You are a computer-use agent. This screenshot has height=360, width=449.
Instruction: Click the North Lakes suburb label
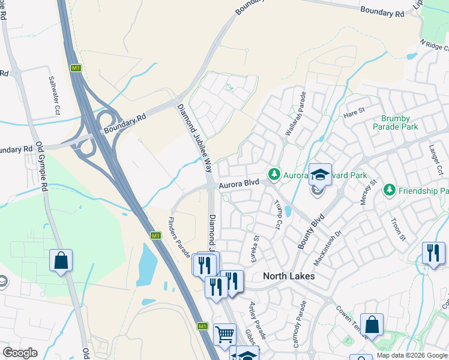[289, 277]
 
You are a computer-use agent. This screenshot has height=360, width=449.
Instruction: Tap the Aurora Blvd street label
[238, 185]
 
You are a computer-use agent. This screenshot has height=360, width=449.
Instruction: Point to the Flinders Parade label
[179, 236]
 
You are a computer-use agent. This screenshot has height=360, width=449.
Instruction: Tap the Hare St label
[354, 110]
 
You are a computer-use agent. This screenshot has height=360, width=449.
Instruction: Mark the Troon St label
[398, 229]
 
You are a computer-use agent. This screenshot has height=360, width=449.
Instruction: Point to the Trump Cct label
[278, 215]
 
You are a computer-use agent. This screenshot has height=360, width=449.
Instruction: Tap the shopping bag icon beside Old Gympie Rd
[61, 260]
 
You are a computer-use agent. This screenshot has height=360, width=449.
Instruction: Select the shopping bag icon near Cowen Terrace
[372, 325]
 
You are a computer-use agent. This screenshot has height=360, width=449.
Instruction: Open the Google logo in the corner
[20, 352]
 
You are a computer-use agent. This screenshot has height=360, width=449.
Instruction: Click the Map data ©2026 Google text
[411, 355]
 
